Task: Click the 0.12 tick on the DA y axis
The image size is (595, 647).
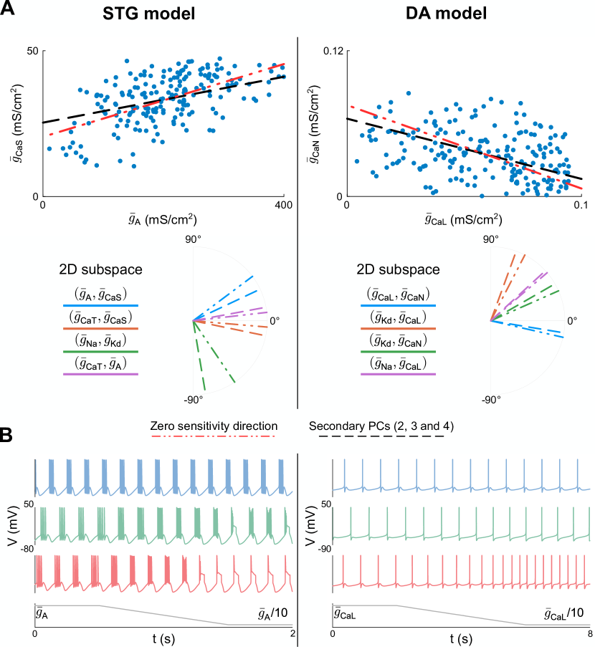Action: point(330,52)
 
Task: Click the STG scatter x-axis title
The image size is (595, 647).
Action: point(163,220)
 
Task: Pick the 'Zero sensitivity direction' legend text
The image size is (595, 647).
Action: point(213,425)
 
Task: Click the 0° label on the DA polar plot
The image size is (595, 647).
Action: point(573,321)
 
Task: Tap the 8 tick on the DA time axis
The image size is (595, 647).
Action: point(589,634)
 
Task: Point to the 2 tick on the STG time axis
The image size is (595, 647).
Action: point(290,634)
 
